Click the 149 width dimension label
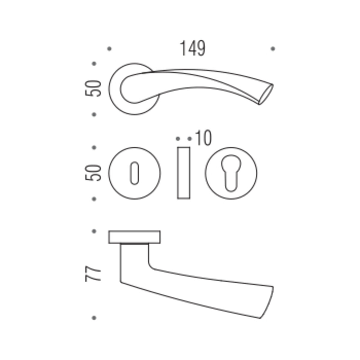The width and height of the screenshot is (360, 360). pyautogui.click(x=192, y=48)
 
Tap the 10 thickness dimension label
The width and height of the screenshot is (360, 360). pyautogui.click(x=203, y=138)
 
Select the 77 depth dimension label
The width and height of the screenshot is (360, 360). pyautogui.click(x=93, y=274)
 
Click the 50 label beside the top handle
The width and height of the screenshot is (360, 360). pyautogui.click(x=93, y=88)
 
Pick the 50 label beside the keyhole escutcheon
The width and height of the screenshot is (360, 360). pyautogui.click(x=93, y=172)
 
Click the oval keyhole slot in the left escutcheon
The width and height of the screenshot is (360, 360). pyautogui.click(x=134, y=173)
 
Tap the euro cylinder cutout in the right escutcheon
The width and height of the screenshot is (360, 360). pyautogui.click(x=231, y=173)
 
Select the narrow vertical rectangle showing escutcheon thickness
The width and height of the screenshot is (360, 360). pyautogui.click(x=184, y=173)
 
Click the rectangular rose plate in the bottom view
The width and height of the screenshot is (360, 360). pyautogui.click(x=134, y=237)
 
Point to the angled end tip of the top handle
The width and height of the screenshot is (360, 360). pyautogui.click(x=266, y=94)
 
